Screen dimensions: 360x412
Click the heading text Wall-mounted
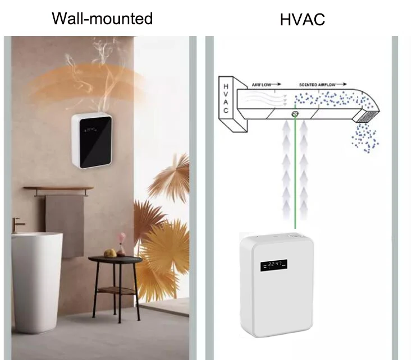pos(102,18)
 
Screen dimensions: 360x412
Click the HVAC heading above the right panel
pos(303,20)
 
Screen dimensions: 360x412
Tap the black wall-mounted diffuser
pos(93,140)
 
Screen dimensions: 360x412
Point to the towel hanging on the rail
pos(64,224)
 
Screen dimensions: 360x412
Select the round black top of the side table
pos(115,259)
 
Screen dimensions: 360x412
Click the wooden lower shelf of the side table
pos(115,290)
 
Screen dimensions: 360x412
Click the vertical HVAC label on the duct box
pos(226,99)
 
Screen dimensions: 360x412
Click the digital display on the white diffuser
pos(273,264)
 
